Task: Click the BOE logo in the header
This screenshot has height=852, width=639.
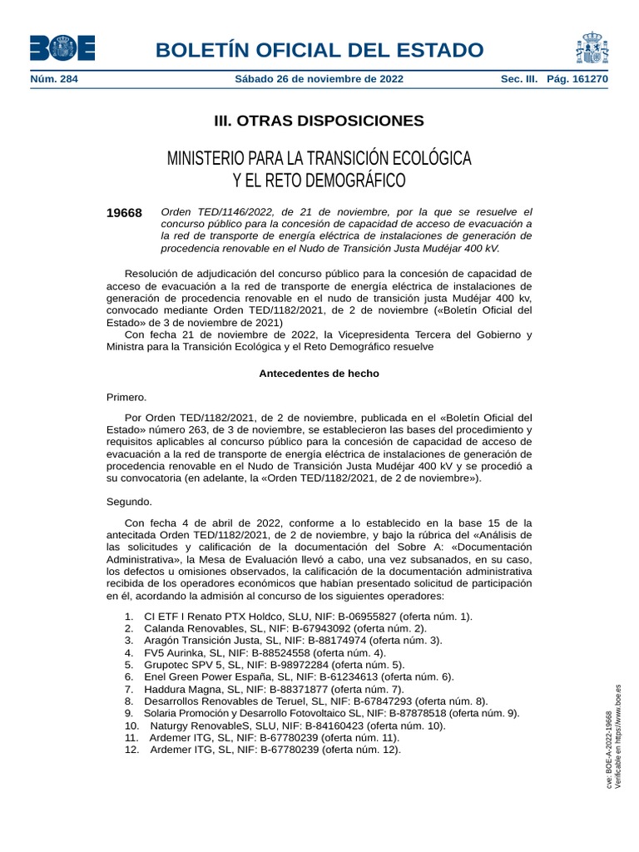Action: coord(62,48)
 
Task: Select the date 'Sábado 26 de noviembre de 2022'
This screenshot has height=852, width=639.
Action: coord(320,79)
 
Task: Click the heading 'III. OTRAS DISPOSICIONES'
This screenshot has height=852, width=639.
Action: coord(319,121)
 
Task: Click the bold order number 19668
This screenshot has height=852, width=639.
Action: coord(124,213)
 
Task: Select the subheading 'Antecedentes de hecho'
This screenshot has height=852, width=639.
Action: coord(319,374)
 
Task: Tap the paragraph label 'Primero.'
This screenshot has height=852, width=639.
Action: coord(126,397)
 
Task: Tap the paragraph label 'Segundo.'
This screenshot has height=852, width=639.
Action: coord(130,502)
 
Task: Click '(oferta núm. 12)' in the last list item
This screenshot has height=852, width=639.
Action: coord(362,750)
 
